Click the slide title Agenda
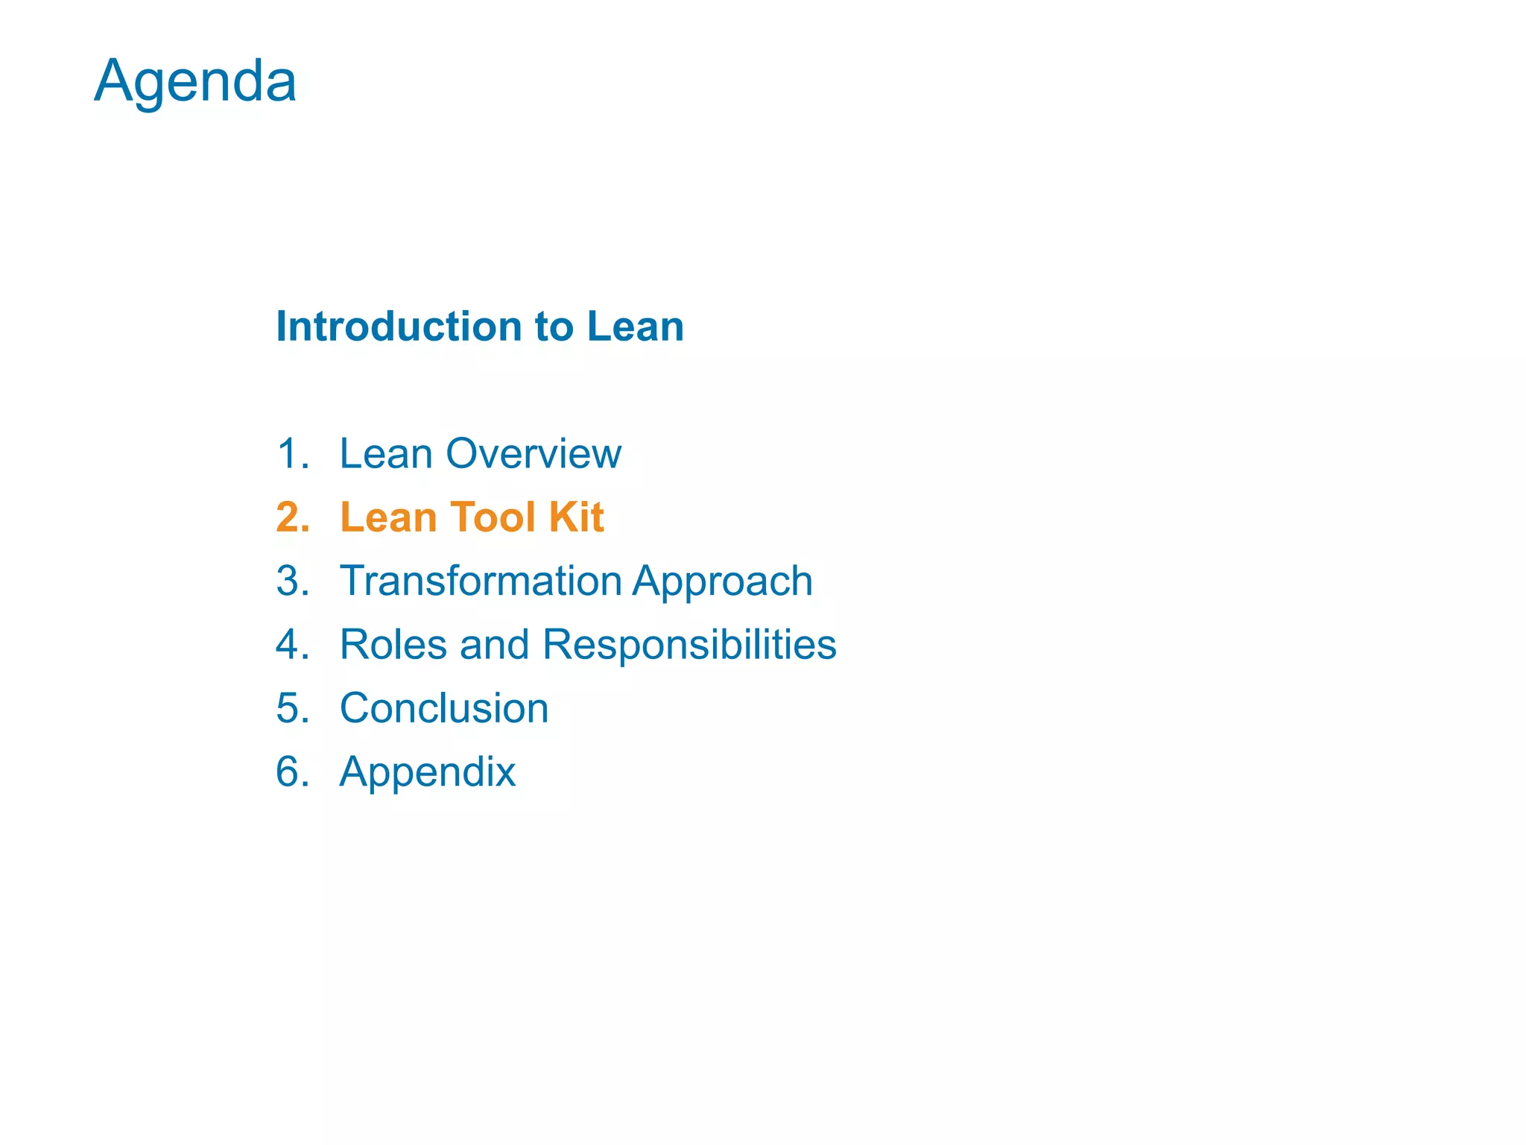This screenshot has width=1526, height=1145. [x=195, y=81]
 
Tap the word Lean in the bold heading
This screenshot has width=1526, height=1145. [x=635, y=327]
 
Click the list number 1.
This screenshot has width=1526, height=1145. [x=291, y=453]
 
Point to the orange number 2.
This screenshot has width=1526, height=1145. [x=292, y=517]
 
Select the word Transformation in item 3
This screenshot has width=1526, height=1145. [x=481, y=581]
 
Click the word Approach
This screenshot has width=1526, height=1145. [x=723, y=582]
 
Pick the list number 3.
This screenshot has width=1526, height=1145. [x=291, y=581]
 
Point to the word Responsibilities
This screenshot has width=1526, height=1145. [x=689, y=646]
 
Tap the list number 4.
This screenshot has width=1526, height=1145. [x=291, y=644]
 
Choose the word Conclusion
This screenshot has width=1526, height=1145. [x=444, y=708]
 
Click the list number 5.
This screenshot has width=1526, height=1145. [x=291, y=708]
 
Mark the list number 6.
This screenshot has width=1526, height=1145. [x=291, y=772]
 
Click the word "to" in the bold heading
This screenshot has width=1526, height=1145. [x=554, y=327]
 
